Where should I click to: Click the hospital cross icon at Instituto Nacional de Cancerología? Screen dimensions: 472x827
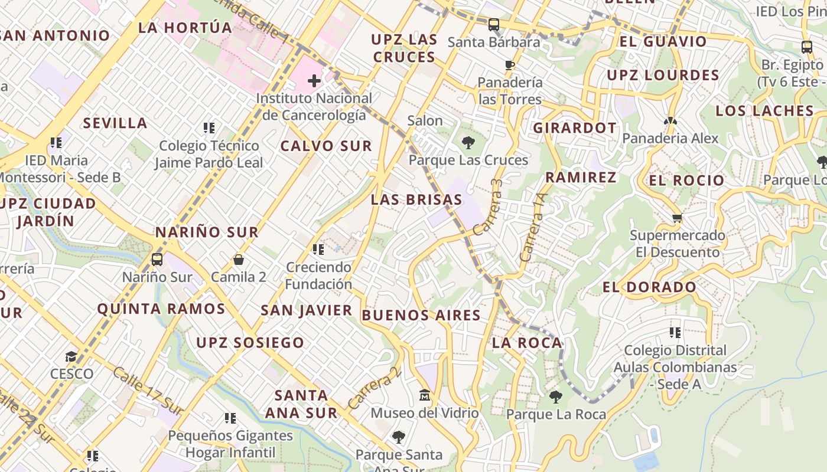(x=314, y=81)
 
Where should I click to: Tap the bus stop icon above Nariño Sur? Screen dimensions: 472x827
(x=157, y=259)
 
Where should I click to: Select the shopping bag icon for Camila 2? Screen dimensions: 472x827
(x=239, y=260)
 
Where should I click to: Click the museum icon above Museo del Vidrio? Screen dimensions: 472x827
(x=424, y=395)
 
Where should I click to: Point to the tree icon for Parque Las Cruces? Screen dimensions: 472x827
(x=468, y=142)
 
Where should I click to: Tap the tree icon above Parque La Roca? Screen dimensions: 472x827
(x=555, y=396)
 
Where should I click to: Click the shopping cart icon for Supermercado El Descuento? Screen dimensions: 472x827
(x=677, y=218)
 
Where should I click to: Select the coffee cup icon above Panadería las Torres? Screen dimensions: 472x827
(x=510, y=65)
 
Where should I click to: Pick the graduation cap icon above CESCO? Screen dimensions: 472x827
(x=71, y=356)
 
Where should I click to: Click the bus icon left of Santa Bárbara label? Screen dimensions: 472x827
(x=494, y=25)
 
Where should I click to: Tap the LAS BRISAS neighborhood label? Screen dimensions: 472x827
(x=416, y=199)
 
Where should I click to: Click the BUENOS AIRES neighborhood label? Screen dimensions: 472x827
(x=421, y=315)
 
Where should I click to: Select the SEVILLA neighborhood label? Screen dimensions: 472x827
(x=115, y=123)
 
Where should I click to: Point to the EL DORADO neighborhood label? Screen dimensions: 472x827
(x=650, y=287)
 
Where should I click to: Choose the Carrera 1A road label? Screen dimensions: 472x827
(x=533, y=227)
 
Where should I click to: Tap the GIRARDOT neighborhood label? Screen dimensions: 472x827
(x=575, y=128)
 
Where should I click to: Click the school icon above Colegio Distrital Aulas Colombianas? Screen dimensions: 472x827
(x=675, y=333)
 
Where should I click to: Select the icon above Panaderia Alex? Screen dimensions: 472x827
(x=670, y=121)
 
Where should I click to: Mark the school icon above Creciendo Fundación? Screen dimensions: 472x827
(x=318, y=250)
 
